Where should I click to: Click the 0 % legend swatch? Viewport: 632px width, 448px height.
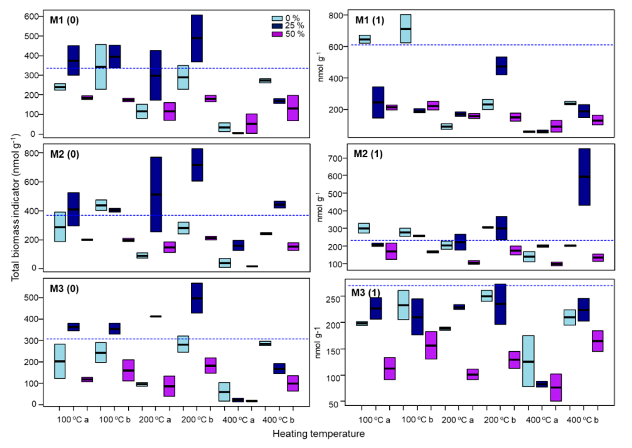click(277, 18)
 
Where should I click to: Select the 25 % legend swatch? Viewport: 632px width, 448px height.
click(277, 26)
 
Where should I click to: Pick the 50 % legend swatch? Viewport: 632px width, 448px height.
click(277, 34)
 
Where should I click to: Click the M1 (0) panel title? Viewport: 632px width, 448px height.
click(64, 20)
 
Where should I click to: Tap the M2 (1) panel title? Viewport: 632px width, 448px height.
click(368, 154)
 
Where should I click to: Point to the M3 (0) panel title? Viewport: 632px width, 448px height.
click(64, 289)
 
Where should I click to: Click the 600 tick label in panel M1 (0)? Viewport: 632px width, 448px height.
click(32, 16)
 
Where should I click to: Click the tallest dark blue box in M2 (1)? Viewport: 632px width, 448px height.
click(584, 177)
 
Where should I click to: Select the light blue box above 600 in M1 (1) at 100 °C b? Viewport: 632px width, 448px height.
click(405, 29)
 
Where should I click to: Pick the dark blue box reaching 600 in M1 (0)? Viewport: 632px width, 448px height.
click(197, 38)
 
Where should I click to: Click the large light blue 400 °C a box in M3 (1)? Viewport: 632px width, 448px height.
click(528, 361)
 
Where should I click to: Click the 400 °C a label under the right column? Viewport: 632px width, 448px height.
click(542, 420)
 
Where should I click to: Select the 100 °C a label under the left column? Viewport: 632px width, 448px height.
click(73, 420)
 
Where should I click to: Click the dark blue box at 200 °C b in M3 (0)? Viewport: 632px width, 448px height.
click(197, 298)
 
